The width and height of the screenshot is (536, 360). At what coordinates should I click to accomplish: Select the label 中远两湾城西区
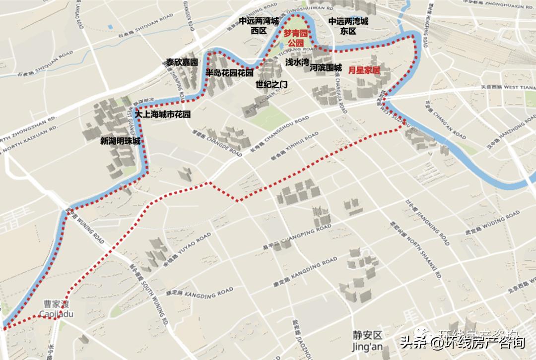259,26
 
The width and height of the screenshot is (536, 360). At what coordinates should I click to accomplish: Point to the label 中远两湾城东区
348,26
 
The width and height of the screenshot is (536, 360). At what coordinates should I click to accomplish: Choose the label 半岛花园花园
229,73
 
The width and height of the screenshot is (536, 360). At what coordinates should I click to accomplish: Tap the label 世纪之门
271,84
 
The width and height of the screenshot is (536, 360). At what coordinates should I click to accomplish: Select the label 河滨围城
326,67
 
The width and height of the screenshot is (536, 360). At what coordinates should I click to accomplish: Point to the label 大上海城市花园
163,114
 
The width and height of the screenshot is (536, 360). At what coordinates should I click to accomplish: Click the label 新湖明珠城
120,141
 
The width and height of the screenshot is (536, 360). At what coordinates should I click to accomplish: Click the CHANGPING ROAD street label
303,236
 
